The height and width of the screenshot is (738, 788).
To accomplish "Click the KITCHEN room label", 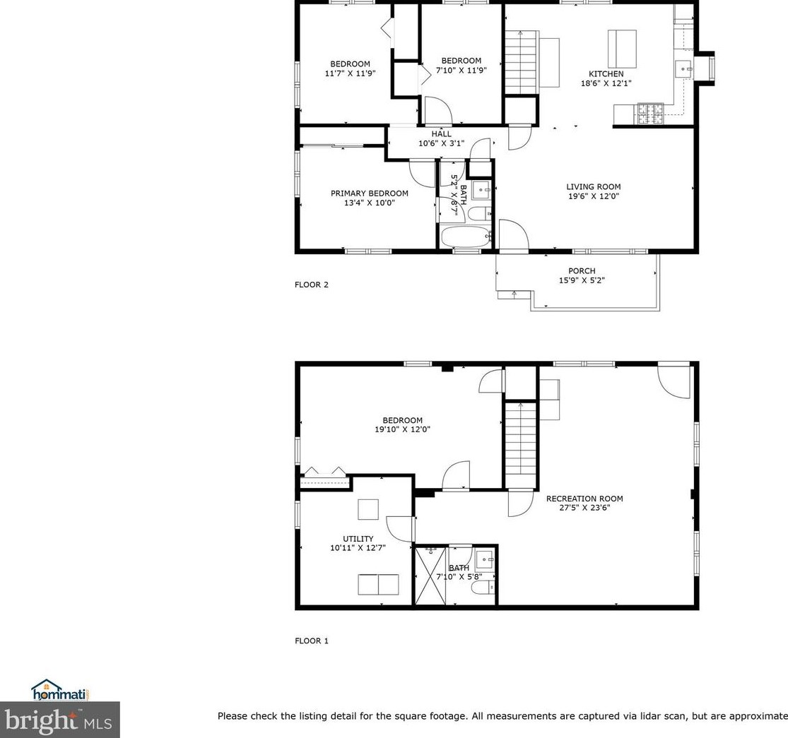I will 606,74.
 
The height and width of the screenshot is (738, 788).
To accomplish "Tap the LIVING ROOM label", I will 593,187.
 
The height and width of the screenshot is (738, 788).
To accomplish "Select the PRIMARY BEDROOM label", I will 369,194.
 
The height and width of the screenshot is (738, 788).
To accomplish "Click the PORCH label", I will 582,270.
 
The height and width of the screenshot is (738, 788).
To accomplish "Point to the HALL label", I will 441,134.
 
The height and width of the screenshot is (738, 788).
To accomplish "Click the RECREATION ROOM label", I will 584,499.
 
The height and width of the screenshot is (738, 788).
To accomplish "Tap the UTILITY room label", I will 358,539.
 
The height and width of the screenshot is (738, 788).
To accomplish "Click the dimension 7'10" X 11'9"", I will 461,71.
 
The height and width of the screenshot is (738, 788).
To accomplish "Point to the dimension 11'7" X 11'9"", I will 350,73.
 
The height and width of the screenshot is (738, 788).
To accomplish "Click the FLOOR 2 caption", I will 312,285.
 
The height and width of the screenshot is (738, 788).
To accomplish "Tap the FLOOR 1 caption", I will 312,641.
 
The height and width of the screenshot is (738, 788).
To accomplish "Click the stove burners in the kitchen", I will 650,113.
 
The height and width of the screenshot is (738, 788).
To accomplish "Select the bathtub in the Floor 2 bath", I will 465,237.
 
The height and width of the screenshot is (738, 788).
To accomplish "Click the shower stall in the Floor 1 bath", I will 430,575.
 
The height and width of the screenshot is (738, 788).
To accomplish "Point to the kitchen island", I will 622,47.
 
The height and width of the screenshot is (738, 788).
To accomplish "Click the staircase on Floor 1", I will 521,441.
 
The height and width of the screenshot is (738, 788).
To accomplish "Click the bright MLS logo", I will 60,720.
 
